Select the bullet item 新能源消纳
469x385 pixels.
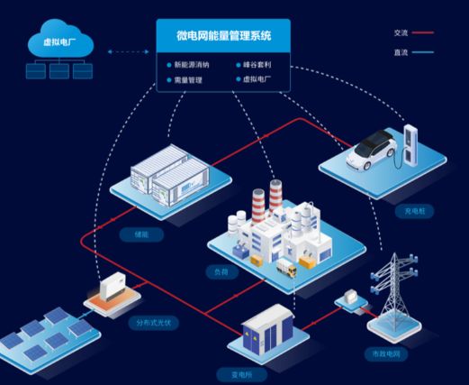(x=190, y=65)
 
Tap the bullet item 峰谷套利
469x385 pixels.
(x=256, y=65)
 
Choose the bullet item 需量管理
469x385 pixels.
(x=186, y=80)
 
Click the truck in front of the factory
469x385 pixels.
(x=287, y=267)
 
